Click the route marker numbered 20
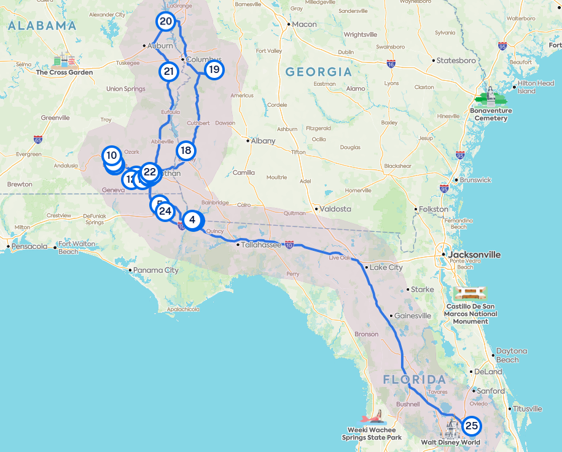coord(165,21)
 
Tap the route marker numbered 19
coord(214,69)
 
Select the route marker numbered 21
coord(168,71)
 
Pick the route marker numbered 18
coord(186,150)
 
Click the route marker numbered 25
coord(471,426)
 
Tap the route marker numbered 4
coord(193,220)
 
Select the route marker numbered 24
coord(164,212)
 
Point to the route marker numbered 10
coord(111,155)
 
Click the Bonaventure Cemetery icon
coord(491,97)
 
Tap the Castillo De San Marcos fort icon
coord(471,293)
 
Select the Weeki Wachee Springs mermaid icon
coord(373,418)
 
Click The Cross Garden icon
coord(64,61)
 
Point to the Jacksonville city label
coord(474,255)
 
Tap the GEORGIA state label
coord(318,72)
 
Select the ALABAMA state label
coord(42,26)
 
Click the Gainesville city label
coord(413,316)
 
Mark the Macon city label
coord(304,25)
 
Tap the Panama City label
coord(157,270)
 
